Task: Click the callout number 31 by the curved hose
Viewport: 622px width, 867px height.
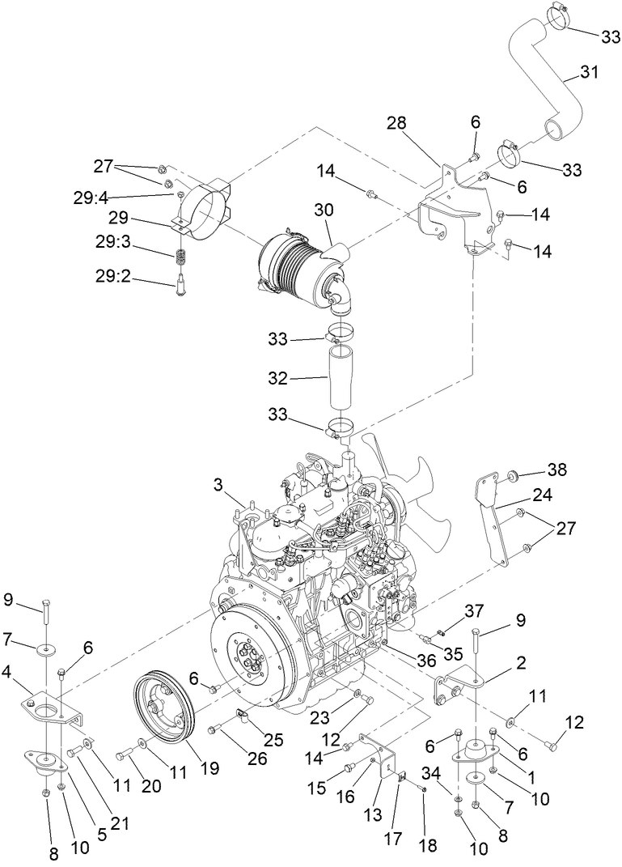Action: coord(590,74)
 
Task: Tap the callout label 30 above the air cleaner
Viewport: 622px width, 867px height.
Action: coord(324,209)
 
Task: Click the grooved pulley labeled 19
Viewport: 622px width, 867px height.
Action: coord(163,715)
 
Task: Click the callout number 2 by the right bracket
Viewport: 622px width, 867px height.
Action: coord(520,662)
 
